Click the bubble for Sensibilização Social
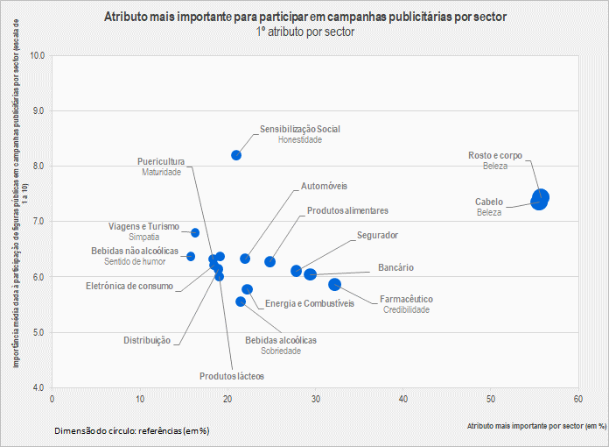pos(236,155)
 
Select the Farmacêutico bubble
pos(334,285)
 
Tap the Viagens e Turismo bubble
pos(195,232)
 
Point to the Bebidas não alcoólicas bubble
pos(191,256)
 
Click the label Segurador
pos(377,236)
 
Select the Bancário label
pos(395,267)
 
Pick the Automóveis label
pos(325,187)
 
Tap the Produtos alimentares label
pos(347,211)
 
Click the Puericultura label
pos(161,161)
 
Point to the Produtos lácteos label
pos(231,375)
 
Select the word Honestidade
pos(299,140)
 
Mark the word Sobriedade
pos(281,351)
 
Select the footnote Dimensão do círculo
pos(131,431)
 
